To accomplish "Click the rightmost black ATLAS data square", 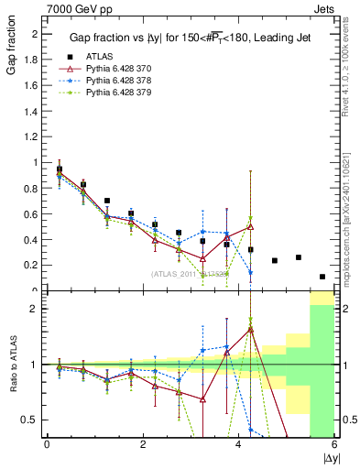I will tap(322, 277).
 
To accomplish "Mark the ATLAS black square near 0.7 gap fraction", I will tap(107, 201).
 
